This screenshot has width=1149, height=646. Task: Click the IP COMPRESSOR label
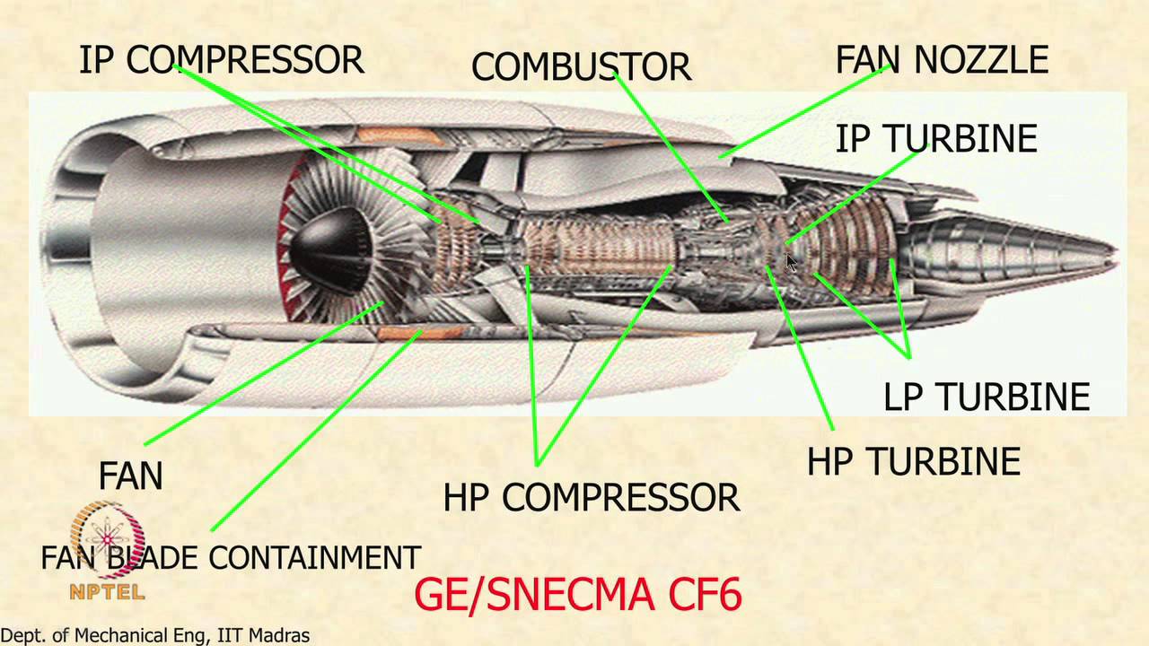click(x=221, y=60)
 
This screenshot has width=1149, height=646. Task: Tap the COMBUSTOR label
click(x=581, y=66)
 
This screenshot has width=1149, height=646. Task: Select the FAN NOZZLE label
click(x=942, y=60)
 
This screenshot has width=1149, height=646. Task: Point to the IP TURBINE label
click(x=936, y=139)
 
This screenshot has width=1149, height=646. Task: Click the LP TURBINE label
click(x=987, y=397)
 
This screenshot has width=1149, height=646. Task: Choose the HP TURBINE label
click(x=913, y=461)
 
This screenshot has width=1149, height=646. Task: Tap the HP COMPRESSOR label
click(x=592, y=497)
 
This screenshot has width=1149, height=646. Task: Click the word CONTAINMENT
click(x=314, y=558)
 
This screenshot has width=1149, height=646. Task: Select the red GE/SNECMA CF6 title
click(x=579, y=595)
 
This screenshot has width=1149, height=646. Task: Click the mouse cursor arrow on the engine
click(x=791, y=262)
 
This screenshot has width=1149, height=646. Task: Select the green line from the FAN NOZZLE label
click(x=808, y=112)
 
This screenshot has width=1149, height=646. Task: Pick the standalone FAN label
click(x=131, y=476)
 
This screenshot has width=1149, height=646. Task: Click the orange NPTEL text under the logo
click(x=108, y=592)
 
